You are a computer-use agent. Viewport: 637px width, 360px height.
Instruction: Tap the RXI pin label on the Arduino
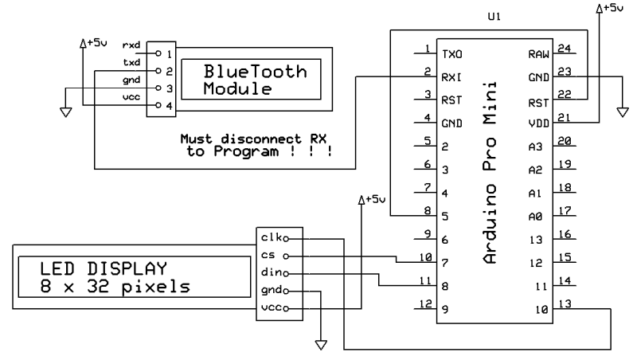[x=451, y=76]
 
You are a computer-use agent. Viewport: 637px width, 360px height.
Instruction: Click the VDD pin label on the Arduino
[x=538, y=123]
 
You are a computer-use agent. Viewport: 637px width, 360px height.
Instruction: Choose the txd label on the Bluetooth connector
[x=132, y=61]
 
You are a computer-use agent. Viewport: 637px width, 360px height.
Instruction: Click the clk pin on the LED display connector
[x=271, y=237]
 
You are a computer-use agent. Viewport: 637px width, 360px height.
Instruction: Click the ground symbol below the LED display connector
[x=322, y=344]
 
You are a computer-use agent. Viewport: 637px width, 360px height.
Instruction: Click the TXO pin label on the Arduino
[x=451, y=53]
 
